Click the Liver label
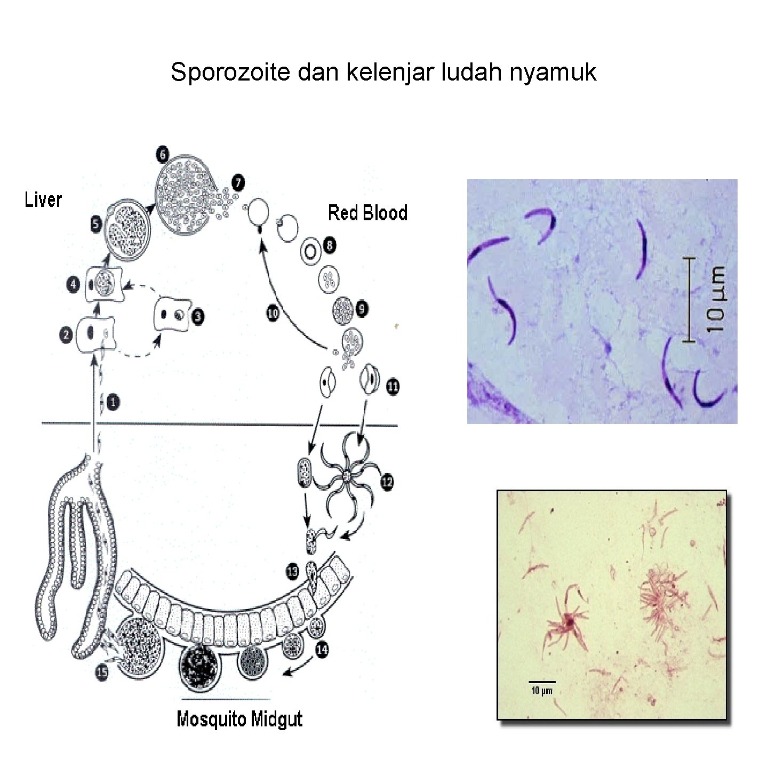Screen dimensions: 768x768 43,200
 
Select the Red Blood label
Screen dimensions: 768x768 367,213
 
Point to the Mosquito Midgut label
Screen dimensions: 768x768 239,719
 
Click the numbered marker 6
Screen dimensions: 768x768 162,155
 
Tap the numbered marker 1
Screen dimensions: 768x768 113,402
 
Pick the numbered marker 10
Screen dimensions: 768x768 273,313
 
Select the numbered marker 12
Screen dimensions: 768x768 387,482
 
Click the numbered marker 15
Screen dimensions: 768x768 101,672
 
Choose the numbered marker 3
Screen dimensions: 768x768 197,317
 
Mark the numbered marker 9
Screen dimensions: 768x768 362,309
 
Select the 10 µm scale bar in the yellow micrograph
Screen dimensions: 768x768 542,682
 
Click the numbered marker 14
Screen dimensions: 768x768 322,650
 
